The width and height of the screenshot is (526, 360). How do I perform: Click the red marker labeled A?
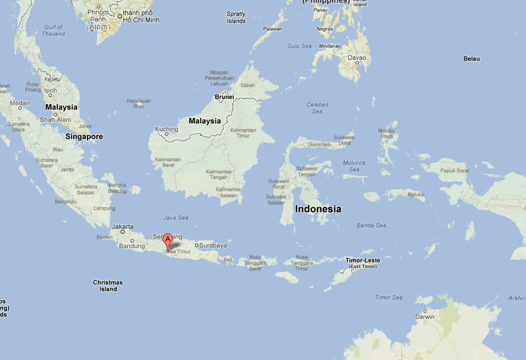(x=168, y=241)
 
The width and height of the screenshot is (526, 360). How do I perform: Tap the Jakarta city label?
(x=122, y=227)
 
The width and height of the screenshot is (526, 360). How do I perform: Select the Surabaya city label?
(x=213, y=245)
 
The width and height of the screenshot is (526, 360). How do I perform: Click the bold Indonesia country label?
(x=318, y=209)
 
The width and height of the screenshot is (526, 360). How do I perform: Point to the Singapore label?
(x=84, y=136)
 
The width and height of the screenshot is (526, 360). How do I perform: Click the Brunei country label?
(x=225, y=96)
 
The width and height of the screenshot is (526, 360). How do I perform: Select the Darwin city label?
(x=425, y=317)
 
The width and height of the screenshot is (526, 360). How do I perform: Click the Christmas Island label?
(x=108, y=286)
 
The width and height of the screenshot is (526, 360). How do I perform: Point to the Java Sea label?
(x=176, y=218)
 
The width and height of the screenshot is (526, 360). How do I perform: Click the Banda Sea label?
(x=372, y=225)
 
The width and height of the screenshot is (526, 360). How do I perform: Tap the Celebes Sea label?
(x=317, y=108)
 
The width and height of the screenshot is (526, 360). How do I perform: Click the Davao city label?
(x=357, y=58)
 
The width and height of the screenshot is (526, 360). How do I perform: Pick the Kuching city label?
(x=166, y=129)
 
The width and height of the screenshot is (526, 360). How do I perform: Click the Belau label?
(x=472, y=59)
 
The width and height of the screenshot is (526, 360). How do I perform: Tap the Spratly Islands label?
(x=236, y=18)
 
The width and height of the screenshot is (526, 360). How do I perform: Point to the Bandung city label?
(x=132, y=246)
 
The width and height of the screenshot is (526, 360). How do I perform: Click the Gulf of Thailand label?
(x=54, y=30)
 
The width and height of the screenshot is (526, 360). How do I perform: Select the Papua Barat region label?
(x=454, y=171)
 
